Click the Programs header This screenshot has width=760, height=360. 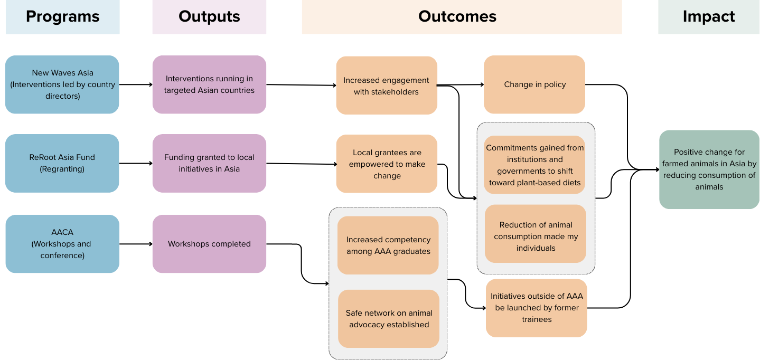[x=62, y=17]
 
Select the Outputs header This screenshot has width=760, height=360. [x=209, y=17]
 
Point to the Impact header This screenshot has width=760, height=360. [x=708, y=17]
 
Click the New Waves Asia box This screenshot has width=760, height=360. [x=62, y=84]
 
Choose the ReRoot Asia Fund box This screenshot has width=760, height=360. [x=62, y=163]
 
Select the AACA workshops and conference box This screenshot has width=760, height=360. [x=62, y=244]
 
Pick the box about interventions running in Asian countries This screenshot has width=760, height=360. [x=209, y=84]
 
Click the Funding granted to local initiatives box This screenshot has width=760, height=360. [x=209, y=163]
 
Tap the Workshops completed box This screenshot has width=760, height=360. [x=209, y=244]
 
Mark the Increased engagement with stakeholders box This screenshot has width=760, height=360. [x=387, y=86]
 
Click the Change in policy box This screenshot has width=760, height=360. [x=534, y=84]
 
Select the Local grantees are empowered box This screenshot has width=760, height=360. [x=387, y=164]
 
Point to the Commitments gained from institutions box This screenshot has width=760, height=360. [x=535, y=165]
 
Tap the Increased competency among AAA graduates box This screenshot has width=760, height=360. [x=388, y=245]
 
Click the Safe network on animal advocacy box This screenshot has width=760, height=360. [x=389, y=319]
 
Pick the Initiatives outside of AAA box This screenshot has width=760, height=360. [x=537, y=308]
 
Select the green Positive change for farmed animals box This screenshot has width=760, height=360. [x=709, y=169]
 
